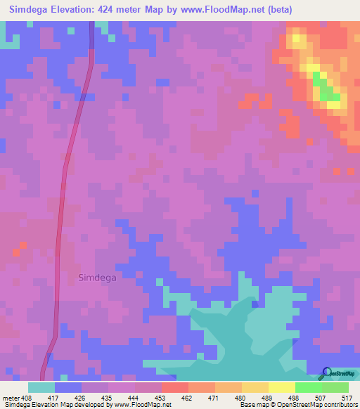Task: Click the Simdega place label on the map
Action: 97,277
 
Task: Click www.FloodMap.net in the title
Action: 214,10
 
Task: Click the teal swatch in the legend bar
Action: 41,387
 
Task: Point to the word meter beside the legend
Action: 11,398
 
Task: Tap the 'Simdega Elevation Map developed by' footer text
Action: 53,405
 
